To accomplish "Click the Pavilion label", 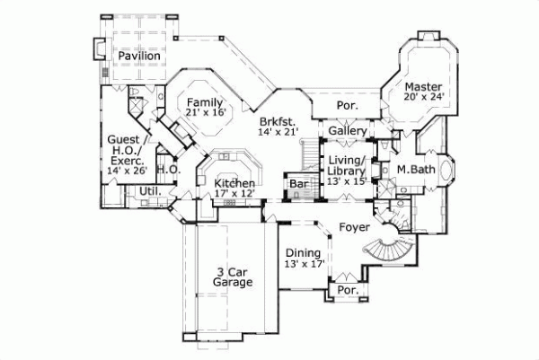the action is tap(138, 56).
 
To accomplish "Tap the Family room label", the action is tap(206, 101).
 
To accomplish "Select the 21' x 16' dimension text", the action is tap(206, 112).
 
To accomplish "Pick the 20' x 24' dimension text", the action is tap(424, 97).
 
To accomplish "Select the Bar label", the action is tap(297, 185).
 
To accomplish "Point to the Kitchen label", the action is tap(234, 183).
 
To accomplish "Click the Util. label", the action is tap(149, 191).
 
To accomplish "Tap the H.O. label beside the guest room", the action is tap(168, 169).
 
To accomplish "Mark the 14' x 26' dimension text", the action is tap(126, 170).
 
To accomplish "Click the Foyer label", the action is tap(354, 228).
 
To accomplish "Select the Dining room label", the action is tap(303, 252).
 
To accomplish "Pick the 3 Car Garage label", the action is tap(234, 277).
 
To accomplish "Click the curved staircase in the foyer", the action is tap(393, 249).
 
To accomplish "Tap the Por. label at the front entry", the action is tap(346, 292).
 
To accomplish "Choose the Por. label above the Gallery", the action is tap(347, 105).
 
